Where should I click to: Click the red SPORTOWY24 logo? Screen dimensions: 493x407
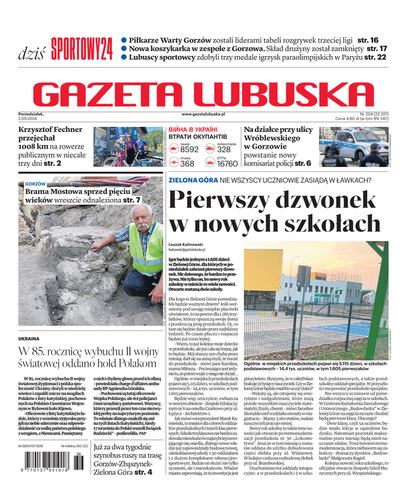[81, 47]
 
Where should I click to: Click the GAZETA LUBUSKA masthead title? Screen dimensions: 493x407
[203, 92]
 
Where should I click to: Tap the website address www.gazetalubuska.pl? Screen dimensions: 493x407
[212, 115]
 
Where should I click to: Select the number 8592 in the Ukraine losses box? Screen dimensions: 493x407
[189, 150]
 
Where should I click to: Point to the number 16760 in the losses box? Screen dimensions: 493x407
[227, 164]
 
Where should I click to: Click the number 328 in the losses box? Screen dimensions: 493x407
[224, 150]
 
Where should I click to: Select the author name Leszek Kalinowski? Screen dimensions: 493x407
[187, 245]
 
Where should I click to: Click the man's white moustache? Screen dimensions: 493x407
[143, 226]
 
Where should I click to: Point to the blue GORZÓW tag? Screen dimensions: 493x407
[36, 184]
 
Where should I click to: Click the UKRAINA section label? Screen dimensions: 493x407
[29, 339]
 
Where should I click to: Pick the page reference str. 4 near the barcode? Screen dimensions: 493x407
[143, 473]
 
